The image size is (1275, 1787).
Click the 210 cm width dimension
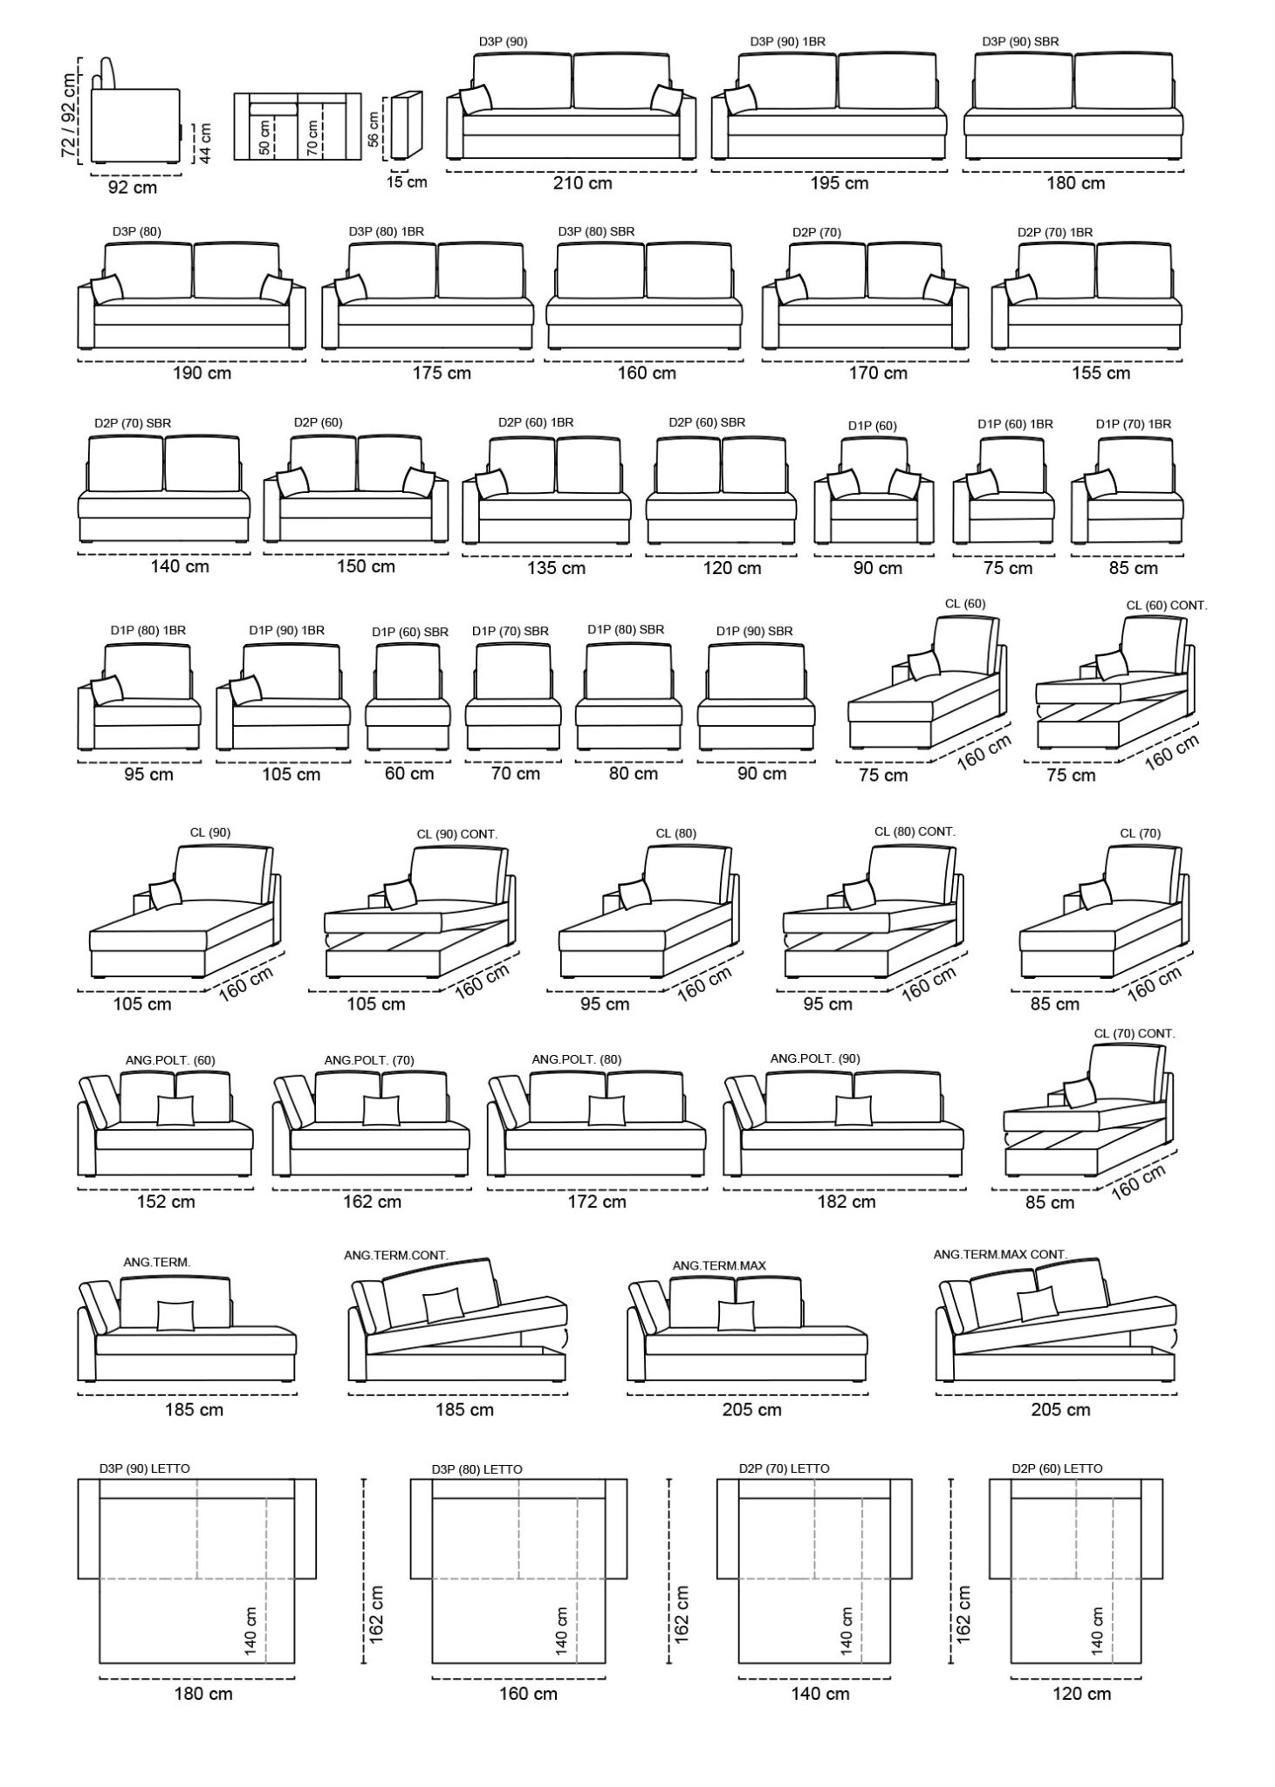(582, 183)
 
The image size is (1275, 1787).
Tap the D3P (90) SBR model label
(1020, 41)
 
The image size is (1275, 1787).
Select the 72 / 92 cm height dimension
(69, 115)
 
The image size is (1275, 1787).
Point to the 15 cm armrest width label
(408, 182)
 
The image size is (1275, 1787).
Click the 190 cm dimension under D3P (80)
(202, 373)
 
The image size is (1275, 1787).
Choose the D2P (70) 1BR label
(1055, 232)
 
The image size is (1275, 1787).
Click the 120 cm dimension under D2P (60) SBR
(731, 568)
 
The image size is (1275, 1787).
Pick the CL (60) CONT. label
(1167, 605)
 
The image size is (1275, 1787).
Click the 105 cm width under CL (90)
(142, 1004)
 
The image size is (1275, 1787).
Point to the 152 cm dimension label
(166, 1202)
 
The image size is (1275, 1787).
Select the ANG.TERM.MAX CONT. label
(1000, 1254)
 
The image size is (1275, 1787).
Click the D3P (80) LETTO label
(476, 1469)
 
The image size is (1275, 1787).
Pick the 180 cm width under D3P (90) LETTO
(202, 1694)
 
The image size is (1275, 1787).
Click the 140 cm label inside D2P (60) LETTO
(1097, 1631)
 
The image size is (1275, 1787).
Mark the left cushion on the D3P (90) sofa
(476, 99)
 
